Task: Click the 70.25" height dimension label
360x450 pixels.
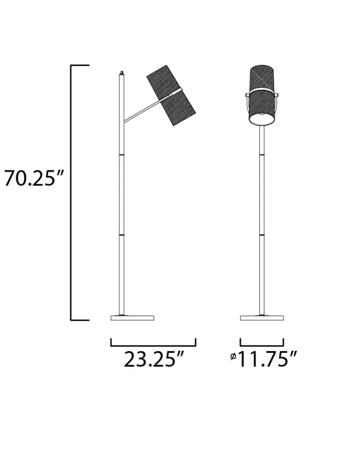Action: click(x=34, y=178)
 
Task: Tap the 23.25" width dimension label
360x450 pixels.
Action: click(x=154, y=359)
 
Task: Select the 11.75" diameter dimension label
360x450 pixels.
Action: click(x=267, y=359)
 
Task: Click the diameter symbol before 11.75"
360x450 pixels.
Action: click(x=233, y=357)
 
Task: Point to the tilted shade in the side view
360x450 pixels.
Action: click(x=171, y=95)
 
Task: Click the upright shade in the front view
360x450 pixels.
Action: click(x=262, y=95)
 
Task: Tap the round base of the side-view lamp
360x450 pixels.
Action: click(x=133, y=317)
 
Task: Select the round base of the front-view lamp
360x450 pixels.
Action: click(x=262, y=317)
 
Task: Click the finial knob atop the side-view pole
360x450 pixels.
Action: click(x=122, y=73)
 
